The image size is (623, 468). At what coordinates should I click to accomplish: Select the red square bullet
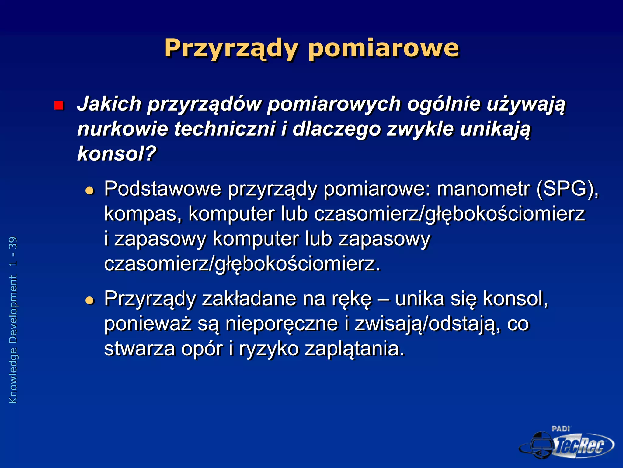pyautogui.click(x=58, y=105)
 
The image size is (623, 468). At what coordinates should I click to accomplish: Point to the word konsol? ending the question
pyautogui.click(x=117, y=154)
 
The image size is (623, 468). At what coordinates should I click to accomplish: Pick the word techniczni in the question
pyautogui.click(x=224, y=129)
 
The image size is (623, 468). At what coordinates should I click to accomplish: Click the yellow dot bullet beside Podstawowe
pyautogui.click(x=90, y=191)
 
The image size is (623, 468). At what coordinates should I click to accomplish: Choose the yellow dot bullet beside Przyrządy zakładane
pyautogui.click(x=90, y=300)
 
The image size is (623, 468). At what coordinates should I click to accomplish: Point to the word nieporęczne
pyautogui.click(x=282, y=324)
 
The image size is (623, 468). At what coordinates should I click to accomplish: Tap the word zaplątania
pyautogui.click(x=355, y=349)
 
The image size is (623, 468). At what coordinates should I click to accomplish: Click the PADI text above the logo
pyautogui.click(x=561, y=429)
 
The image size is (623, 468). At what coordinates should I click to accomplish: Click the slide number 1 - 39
pyautogui.click(x=13, y=252)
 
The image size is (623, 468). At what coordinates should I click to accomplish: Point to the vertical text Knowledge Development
pyautogui.click(x=13, y=339)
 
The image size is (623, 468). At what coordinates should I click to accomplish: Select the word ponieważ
pyautogui.click(x=148, y=324)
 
